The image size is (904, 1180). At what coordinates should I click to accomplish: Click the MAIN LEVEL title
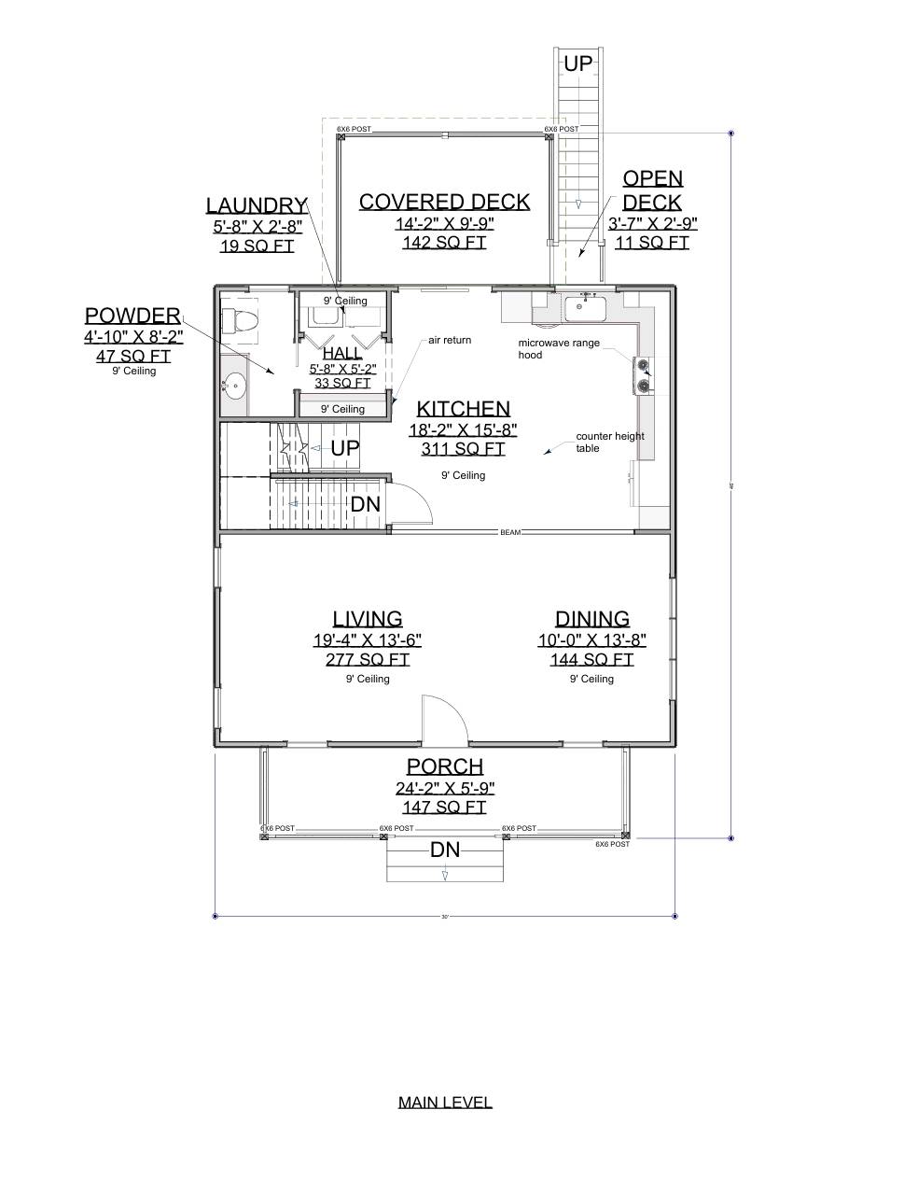click(445, 1102)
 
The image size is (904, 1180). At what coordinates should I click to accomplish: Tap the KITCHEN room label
click(463, 409)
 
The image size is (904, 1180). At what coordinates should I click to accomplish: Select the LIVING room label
click(368, 619)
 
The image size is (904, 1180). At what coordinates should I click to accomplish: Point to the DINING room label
click(591, 619)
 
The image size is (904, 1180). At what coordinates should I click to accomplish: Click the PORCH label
click(445, 766)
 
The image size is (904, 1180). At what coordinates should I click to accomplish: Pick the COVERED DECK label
click(444, 202)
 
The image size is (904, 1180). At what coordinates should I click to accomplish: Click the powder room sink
click(234, 383)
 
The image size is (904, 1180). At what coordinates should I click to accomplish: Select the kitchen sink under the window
click(585, 306)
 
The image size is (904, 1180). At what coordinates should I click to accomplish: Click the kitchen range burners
click(643, 374)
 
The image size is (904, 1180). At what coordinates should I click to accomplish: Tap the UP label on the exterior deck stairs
click(577, 63)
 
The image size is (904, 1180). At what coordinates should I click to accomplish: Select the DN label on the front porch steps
click(445, 850)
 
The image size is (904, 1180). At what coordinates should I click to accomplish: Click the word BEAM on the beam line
click(510, 532)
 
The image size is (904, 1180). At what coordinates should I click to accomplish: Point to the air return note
click(450, 341)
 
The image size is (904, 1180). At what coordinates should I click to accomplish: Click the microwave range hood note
click(559, 349)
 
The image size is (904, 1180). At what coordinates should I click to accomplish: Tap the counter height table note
click(609, 442)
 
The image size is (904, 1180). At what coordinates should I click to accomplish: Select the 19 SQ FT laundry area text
click(257, 246)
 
